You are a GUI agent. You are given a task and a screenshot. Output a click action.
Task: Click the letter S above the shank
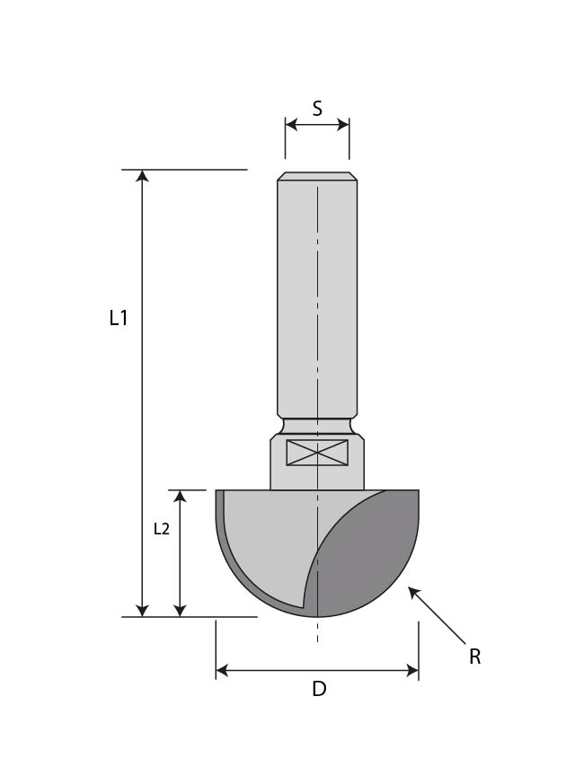(317, 109)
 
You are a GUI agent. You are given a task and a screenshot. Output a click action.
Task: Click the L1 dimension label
(119, 318)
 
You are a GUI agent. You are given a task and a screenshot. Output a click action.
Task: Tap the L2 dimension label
(162, 529)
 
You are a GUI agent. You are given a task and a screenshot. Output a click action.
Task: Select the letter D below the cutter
(319, 690)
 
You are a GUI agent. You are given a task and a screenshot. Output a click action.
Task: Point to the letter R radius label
(474, 657)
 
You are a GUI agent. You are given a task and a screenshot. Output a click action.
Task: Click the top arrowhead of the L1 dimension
(142, 176)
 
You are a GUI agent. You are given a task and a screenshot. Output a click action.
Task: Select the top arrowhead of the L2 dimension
(180, 497)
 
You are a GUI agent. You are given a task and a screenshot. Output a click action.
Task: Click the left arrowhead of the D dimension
(223, 670)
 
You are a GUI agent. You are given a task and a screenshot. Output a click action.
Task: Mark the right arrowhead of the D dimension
(412, 670)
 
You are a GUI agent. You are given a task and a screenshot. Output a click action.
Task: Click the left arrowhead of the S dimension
(291, 125)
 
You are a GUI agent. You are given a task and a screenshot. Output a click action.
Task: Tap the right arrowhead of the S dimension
(343, 125)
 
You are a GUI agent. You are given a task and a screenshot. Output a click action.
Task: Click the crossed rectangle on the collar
(317, 453)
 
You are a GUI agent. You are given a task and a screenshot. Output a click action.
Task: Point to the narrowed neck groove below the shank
(317, 424)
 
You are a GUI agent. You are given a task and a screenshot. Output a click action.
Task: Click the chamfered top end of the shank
(317, 176)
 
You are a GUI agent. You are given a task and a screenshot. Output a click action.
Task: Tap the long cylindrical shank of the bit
(317, 296)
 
